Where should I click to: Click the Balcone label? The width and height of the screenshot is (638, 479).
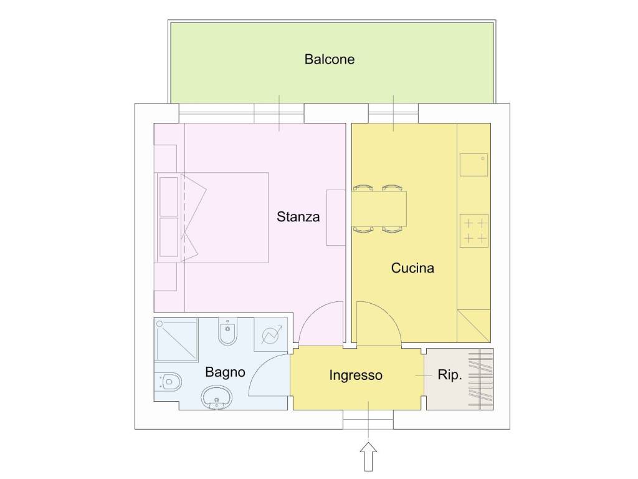coord(329,59)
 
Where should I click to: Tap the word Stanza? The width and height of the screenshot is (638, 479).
coord(298,216)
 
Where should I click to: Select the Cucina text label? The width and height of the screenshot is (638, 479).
coord(412,268)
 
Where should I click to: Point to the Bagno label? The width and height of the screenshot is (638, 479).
coord(225,372)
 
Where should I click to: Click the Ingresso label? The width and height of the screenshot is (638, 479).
coord(356,375)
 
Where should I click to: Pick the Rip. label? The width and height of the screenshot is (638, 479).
coord(450,375)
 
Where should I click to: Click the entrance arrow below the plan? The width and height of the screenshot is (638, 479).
coord(368,457)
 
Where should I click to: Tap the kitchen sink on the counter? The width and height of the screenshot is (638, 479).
coord(474,165)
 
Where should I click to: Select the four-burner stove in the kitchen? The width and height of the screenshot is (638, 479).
coord(474,231)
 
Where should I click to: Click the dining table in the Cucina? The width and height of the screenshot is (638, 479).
coord(379,209)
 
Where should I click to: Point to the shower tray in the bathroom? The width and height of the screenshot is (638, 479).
coord(176,340)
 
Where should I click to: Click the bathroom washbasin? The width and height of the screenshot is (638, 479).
coord(216,398)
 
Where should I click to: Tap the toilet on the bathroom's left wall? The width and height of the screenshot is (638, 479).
coord(168,382)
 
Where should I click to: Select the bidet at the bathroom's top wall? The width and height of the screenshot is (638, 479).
coord(227,331)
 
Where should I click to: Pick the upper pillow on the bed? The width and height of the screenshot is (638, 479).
coord(169,196)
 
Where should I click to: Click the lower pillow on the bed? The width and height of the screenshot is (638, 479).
coord(169,238)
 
